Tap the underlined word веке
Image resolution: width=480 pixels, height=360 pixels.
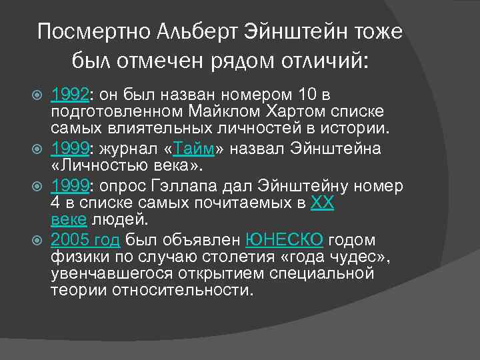(x=67, y=220)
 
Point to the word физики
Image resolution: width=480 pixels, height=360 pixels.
(x=74, y=257)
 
